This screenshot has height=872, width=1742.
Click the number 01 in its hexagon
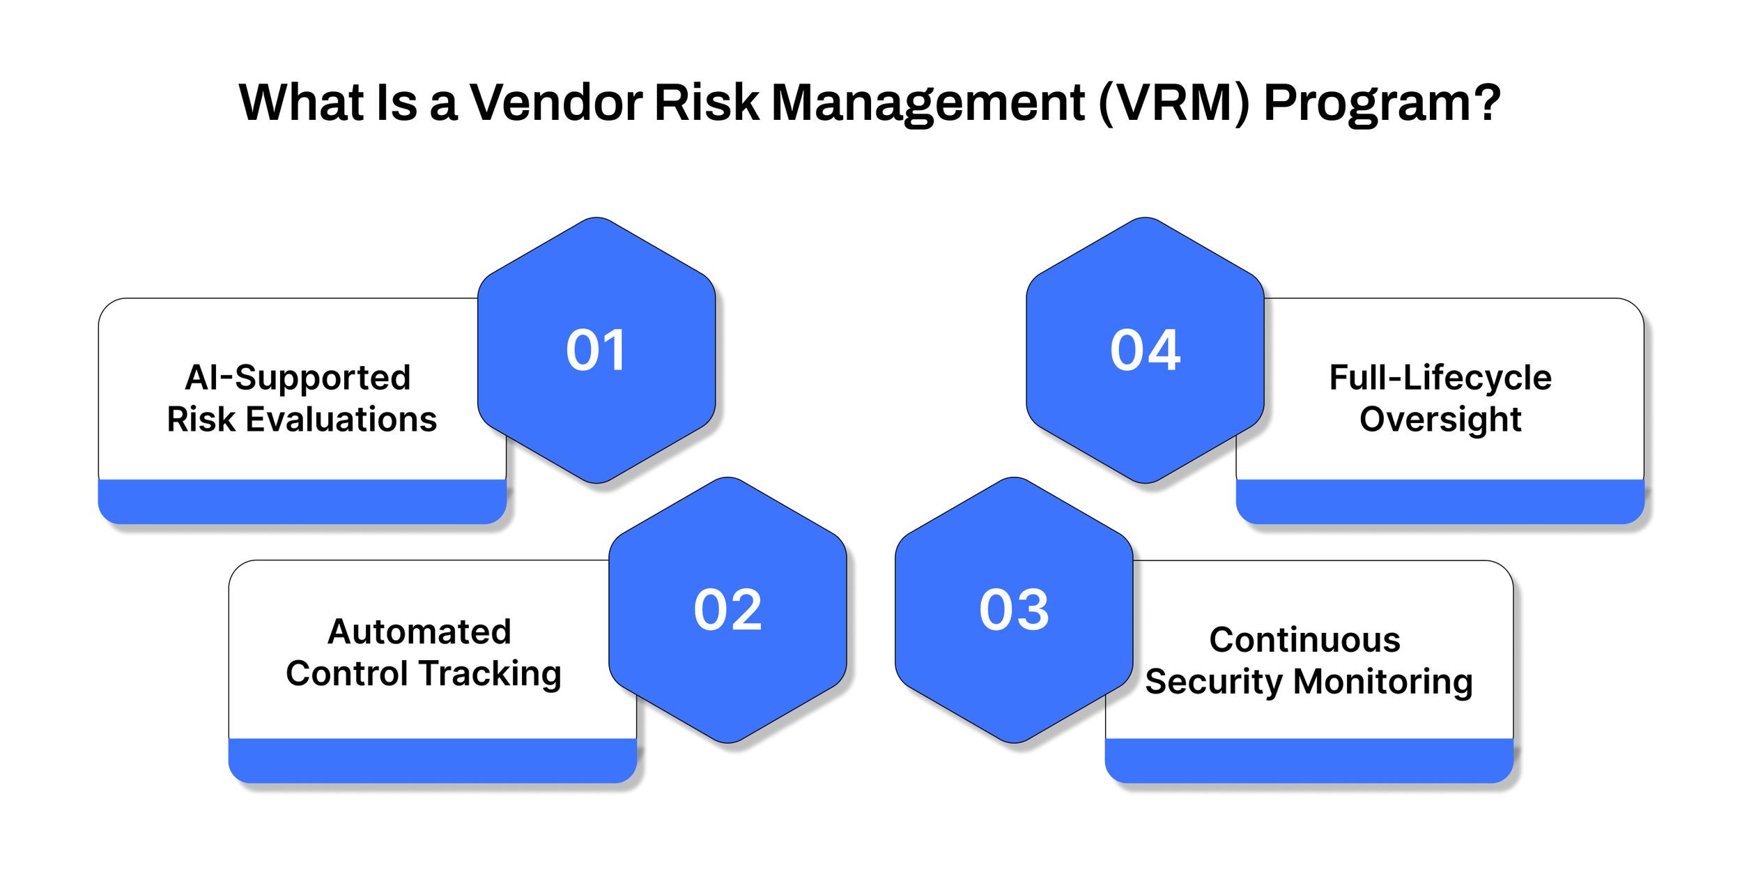click(x=596, y=350)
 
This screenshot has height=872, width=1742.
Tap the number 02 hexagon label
click(x=727, y=610)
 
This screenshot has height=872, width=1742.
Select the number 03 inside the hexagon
click(x=1014, y=610)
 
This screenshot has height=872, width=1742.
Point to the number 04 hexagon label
click(x=1145, y=350)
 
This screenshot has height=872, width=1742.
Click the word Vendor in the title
click(x=555, y=103)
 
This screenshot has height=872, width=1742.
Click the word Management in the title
click(x=927, y=103)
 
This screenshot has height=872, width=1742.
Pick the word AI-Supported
click(x=298, y=378)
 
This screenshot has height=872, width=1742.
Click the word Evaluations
click(x=341, y=420)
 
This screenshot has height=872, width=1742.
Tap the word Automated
click(x=419, y=632)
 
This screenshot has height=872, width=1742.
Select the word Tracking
click(x=491, y=674)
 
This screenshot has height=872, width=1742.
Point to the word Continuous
click(x=1304, y=640)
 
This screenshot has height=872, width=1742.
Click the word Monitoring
click(x=1382, y=682)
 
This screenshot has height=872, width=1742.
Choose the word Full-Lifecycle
click(x=1440, y=378)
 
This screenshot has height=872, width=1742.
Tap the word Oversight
click(x=1440, y=420)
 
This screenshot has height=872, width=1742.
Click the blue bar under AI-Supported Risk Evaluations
click(x=302, y=501)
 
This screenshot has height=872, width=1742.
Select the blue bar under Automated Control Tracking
click(x=432, y=760)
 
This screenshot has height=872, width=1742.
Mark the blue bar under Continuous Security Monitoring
click(x=1309, y=760)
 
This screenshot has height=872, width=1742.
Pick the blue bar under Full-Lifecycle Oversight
click(x=1440, y=501)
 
